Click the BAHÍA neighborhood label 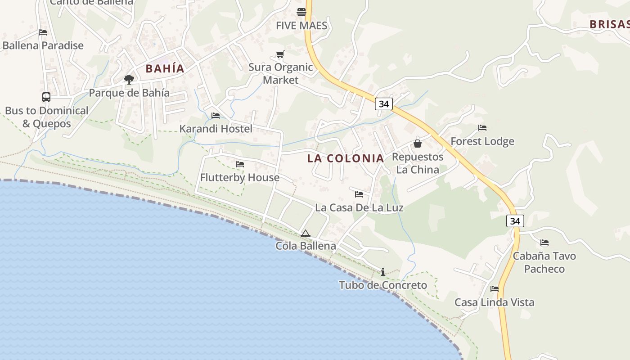165,69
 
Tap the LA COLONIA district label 346,158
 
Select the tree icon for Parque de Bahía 129,80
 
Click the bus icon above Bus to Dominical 46,97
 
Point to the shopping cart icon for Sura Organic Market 280,54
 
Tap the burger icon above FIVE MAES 301,12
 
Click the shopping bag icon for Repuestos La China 418,144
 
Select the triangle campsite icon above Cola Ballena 306,233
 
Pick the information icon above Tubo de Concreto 383,272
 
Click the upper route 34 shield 383,104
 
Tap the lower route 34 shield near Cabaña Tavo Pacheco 515,221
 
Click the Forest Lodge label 482,141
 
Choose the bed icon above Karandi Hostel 216,116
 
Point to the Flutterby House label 240,178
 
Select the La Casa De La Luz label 359,207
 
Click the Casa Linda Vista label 494,302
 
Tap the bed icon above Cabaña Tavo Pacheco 544,243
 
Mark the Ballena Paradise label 43,45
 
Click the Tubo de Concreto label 383,285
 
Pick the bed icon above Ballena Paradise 43,32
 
